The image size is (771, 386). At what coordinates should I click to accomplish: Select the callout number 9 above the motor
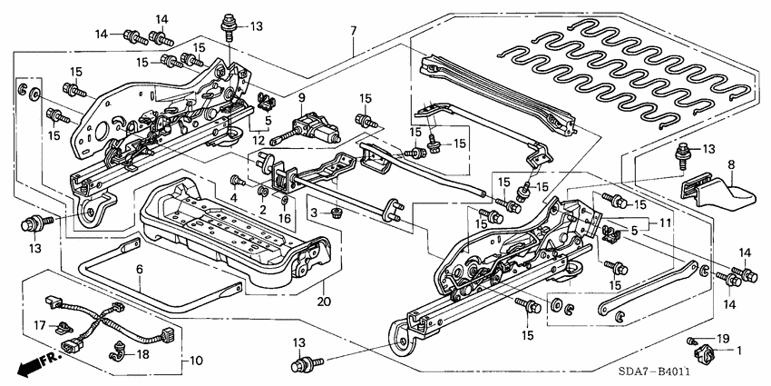point(302,98)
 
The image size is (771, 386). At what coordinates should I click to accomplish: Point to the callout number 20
point(321,301)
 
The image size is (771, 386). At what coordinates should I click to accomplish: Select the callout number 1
point(738,350)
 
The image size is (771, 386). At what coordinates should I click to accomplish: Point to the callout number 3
point(315,212)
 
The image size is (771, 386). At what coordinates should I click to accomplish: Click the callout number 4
point(233,197)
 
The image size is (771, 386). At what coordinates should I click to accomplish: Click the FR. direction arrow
point(32,366)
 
